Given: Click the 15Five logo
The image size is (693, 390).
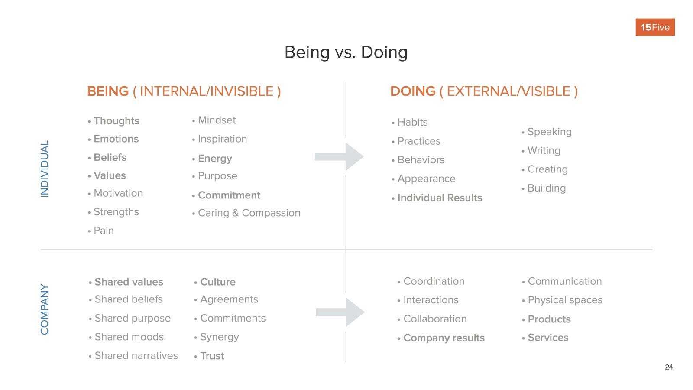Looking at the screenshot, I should pyautogui.click(x=655, y=27).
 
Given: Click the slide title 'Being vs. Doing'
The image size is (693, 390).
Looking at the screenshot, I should pyautogui.click(x=346, y=52).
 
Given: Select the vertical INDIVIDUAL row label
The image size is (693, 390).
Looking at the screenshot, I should pyautogui.click(x=45, y=169).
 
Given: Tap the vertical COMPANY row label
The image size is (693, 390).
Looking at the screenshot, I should pyautogui.click(x=45, y=309).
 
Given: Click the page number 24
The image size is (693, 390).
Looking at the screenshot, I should pyautogui.click(x=669, y=367).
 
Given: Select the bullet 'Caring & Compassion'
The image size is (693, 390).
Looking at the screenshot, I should pyautogui.click(x=249, y=213).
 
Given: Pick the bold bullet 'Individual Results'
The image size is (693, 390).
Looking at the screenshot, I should pyautogui.click(x=439, y=198).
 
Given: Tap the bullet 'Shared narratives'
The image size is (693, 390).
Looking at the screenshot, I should pyautogui.click(x=136, y=356).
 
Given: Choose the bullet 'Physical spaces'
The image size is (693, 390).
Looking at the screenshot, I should pyautogui.click(x=565, y=300).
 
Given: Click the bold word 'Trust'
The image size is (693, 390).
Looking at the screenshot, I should pyautogui.click(x=212, y=356).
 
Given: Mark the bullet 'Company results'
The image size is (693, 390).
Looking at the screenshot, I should pyautogui.click(x=444, y=338).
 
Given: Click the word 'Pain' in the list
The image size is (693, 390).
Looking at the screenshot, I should pyautogui.click(x=104, y=231).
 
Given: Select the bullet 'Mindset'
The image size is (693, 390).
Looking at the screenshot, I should pyautogui.click(x=217, y=120).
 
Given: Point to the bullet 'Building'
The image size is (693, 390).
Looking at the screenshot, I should pyautogui.click(x=546, y=188).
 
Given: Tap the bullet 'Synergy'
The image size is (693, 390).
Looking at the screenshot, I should pyautogui.click(x=219, y=337).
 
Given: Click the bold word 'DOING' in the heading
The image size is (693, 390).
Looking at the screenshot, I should pyautogui.click(x=412, y=91).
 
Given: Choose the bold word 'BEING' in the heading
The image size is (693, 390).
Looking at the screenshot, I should pyautogui.click(x=108, y=91).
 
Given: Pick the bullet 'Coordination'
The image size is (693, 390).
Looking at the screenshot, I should pyautogui.click(x=434, y=281).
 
